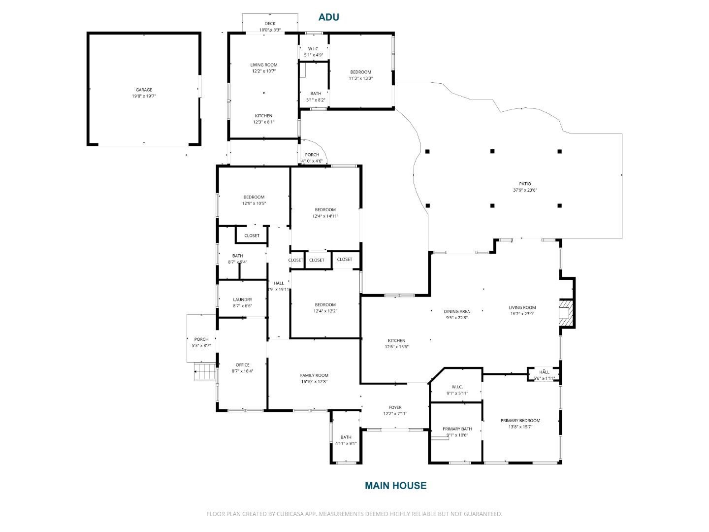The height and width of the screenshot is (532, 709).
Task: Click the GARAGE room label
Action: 144,90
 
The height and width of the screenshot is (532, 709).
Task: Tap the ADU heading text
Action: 328,17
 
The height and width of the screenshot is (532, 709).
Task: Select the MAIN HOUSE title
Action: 395,486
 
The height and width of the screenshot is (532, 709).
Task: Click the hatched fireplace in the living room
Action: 566,314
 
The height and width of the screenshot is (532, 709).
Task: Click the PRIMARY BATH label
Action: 457,429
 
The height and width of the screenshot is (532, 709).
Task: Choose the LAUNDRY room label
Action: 242,299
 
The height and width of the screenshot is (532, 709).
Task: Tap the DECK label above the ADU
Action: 270,24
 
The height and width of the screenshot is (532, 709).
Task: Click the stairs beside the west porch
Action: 205,371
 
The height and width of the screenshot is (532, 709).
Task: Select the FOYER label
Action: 395,407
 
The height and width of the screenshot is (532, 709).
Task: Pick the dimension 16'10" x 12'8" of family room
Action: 314,382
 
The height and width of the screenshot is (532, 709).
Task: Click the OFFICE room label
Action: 242,365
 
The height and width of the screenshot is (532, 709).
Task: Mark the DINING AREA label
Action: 456,311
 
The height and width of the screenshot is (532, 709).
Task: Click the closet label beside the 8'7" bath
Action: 252,235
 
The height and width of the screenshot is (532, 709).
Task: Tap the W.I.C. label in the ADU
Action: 313,49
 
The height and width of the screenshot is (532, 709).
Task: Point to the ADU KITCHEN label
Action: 263,116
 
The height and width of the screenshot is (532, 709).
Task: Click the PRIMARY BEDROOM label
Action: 520,421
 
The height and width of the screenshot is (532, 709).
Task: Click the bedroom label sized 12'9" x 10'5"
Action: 254,197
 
